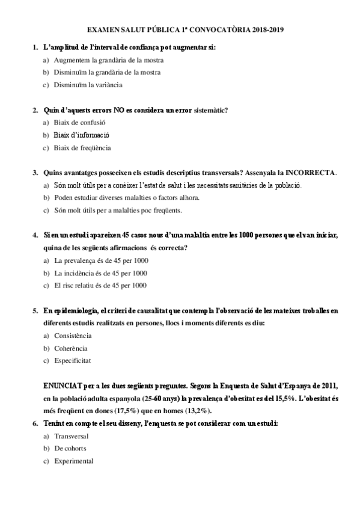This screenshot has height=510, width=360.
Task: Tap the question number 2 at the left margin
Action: pyautogui.click(x=35, y=110)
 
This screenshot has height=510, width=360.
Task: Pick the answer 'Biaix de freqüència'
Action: pyautogui.click(x=82, y=148)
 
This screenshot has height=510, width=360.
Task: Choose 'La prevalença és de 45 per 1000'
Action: pyautogui.click(x=101, y=260)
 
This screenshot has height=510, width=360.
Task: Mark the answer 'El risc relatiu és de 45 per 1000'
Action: pyautogui.click(x=101, y=286)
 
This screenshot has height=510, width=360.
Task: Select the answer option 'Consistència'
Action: pyautogui.click(x=73, y=336)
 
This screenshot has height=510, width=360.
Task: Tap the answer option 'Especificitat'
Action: pyautogui.click(x=73, y=361)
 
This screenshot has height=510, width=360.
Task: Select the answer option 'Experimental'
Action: pyautogui.click(x=73, y=461)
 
